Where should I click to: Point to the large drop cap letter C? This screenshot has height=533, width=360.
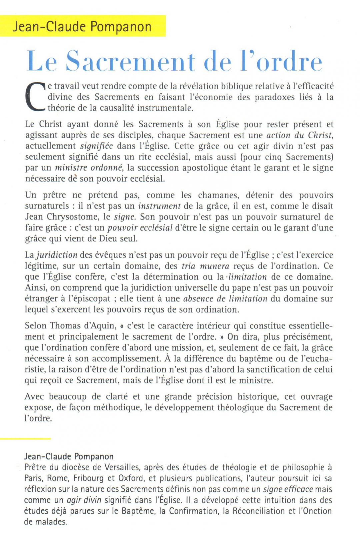[x=35, y=97]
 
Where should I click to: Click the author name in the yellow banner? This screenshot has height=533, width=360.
[x=82, y=26]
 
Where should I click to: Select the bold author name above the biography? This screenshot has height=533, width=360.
[x=69, y=456]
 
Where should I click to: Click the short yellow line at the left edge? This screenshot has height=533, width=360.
[x=25, y=439]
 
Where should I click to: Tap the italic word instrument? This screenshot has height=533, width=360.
[x=159, y=206]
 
